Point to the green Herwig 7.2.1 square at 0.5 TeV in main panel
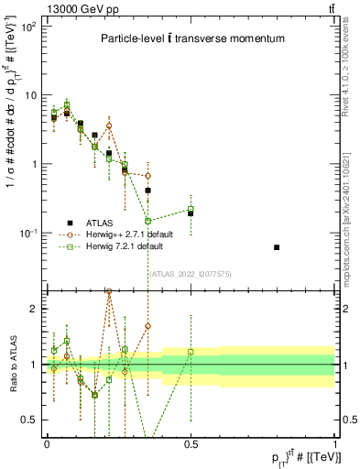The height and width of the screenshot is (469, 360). click(191, 209)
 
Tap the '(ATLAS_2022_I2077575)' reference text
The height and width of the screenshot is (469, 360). click(190, 274)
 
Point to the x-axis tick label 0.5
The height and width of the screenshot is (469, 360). click(191, 443)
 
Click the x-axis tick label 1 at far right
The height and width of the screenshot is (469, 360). click(334, 443)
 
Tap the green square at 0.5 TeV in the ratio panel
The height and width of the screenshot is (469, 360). click(191, 351)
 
